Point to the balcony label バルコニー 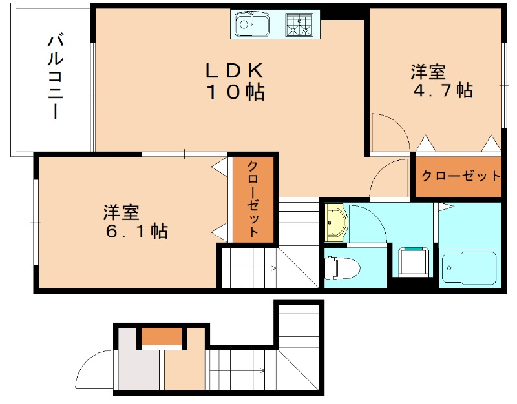[55, 77]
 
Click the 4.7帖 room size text [443, 90]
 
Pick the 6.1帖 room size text [136, 230]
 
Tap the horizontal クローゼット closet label [460, 176]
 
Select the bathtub [469, 268]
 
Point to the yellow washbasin [336, 221]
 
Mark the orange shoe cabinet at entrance [162, 336]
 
